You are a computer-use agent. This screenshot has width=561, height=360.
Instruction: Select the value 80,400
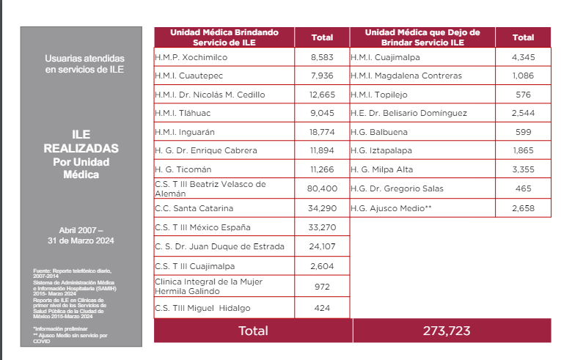pos(322,188)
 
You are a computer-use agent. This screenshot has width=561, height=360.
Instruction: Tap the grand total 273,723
pos(446,331)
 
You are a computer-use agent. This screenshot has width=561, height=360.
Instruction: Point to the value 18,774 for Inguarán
pos(322,133)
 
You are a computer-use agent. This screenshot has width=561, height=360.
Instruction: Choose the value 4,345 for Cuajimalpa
pos(523,56)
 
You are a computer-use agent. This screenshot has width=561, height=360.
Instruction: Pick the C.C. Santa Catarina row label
pos(194,207)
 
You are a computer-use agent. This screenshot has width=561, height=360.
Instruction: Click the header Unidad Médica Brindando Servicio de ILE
pos(224,37)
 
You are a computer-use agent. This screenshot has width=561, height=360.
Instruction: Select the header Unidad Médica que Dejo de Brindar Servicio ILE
pos(422,37)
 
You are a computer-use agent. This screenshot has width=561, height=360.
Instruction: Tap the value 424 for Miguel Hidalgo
pos(322,307)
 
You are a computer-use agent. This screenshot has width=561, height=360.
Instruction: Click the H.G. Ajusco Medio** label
pos(391,207)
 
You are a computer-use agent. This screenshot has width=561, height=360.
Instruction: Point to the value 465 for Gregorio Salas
pos(523,188)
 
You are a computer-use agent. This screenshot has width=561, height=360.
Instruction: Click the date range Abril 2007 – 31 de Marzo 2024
pos(81,235)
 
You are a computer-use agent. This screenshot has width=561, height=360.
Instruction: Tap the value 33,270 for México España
pos(322,227)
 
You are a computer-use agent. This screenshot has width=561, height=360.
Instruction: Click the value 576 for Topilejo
pos(523,95)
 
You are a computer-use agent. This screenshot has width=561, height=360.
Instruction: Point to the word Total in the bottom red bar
pos(253,331)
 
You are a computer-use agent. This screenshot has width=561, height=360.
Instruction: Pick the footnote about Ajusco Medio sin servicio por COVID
pos(70,338)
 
